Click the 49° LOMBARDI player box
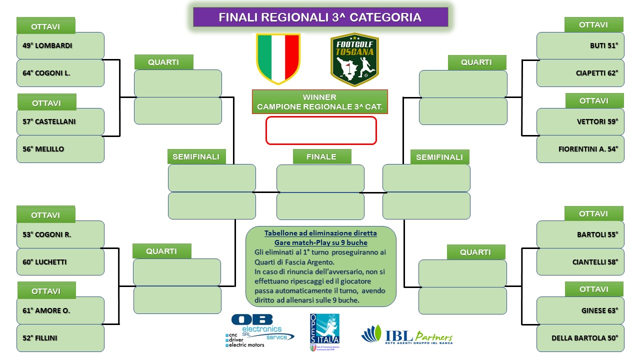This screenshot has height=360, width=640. pos(60,45)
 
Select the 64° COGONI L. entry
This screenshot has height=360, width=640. pos(60,73)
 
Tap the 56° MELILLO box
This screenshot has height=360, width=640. pos(60,149)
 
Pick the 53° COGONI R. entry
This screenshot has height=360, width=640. pos(60,234)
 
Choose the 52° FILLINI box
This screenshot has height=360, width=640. pos(60,338)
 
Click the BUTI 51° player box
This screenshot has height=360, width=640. pos(580,45)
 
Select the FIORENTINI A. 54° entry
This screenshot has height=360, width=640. pos(580,149)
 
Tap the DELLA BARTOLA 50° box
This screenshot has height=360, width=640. pos(580,338)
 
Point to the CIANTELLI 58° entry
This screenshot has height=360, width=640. pos(580,262)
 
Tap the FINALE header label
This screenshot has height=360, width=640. pos(322,156)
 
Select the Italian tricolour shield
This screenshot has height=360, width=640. pos(278,59)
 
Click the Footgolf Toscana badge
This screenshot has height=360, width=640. pos(354,59)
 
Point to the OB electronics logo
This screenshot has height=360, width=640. pos(259,331)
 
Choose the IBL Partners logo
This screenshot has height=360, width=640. pos(407,335)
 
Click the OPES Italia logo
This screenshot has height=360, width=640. pos(324,332)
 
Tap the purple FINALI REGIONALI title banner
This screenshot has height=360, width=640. pos(320,17)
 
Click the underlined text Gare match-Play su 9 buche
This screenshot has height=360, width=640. pos(321,242)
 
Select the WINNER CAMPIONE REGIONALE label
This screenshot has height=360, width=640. pos(319,101)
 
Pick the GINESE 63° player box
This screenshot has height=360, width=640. pos(580,310)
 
